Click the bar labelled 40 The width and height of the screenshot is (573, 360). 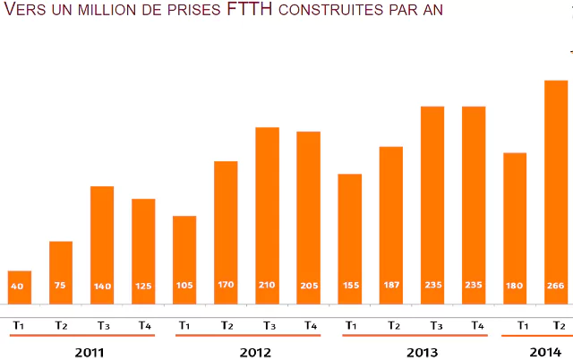pyautogui.click(x=20, y=287)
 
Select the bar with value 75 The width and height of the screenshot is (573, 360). pyautogui.click(x=61, y=273)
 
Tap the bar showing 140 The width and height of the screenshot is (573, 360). pyautogui.click(x=102, y=245)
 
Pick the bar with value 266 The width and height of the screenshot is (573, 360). pyautogui.click(x=556, y=193)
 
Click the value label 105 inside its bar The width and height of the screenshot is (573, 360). pyautogui.click(x=184, y=286)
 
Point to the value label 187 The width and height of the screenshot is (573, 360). pyautogui.click(x=390, y=286)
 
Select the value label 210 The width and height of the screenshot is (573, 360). pyautogui.click(x=267, y=286)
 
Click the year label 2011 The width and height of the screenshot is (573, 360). pyautogui.click(x=90, y=352)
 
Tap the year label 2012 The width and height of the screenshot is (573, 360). pyautogui.click(x=255, y=352)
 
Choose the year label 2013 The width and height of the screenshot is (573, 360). pyautogui.click(x=422, y=352)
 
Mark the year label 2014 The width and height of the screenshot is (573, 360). pyautogui.click(x=544, y=352)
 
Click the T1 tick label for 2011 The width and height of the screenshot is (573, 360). pyautogui.click(x=19, y=325)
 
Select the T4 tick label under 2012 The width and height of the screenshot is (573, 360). pyautogui.click(x=309, y=325)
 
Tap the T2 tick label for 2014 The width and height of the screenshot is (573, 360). pyautogui.click(x=558, y=325)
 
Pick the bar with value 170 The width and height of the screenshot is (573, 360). pyautogui.click(x=226, y=233)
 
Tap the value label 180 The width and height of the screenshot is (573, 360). pyautogui.click(x=514, y=286)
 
